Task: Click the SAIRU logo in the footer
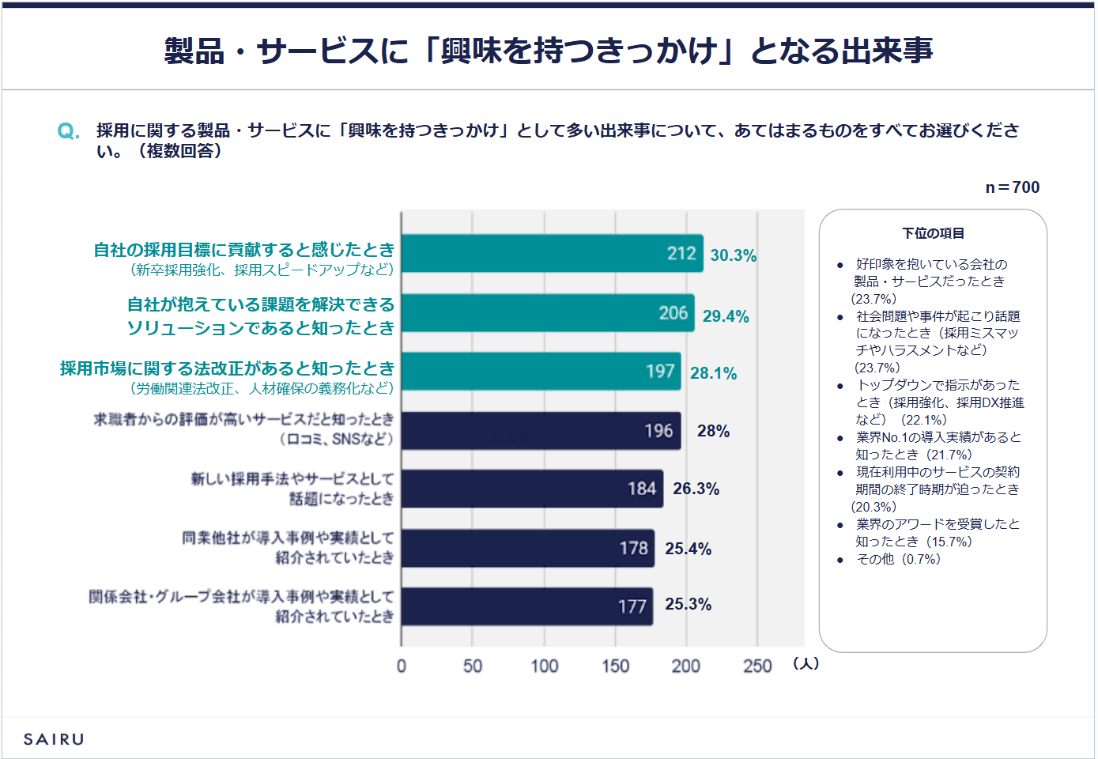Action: pyautogui.click(x=54, y=739)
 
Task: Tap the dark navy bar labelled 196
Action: pyautogui.click(x=541, y=431)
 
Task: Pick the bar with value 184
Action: pyautogui.click(x=532, y=489)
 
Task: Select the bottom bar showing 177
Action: pyautogui.click(x=526, y=606)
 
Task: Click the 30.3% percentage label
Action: pyautogui.click(x=733, y=255)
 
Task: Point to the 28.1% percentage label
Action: pyautogui.click(x=713, y=373)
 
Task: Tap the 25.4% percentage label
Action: pyautogui.click(x=688, y=549)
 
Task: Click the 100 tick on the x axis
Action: pyautogui.click(x=544, y=666)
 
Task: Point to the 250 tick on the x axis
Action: pyautogui.click(x=757, y=666)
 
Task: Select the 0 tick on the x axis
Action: pyautogui.click(x=402, y=666)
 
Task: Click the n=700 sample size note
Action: pyautogui.click(x=1012, y=187)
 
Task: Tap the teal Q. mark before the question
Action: pyautogui.click(x=68, y=131)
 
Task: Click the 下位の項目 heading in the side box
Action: pyautogui.click(x=933, y=233)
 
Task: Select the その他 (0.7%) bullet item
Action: pyautogui.click(x=898, y=559)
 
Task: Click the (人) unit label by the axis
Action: pyautogui.click(x=806, y=663)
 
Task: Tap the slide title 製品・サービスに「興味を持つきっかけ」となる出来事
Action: pyautogui.click(x=549, y=51)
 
